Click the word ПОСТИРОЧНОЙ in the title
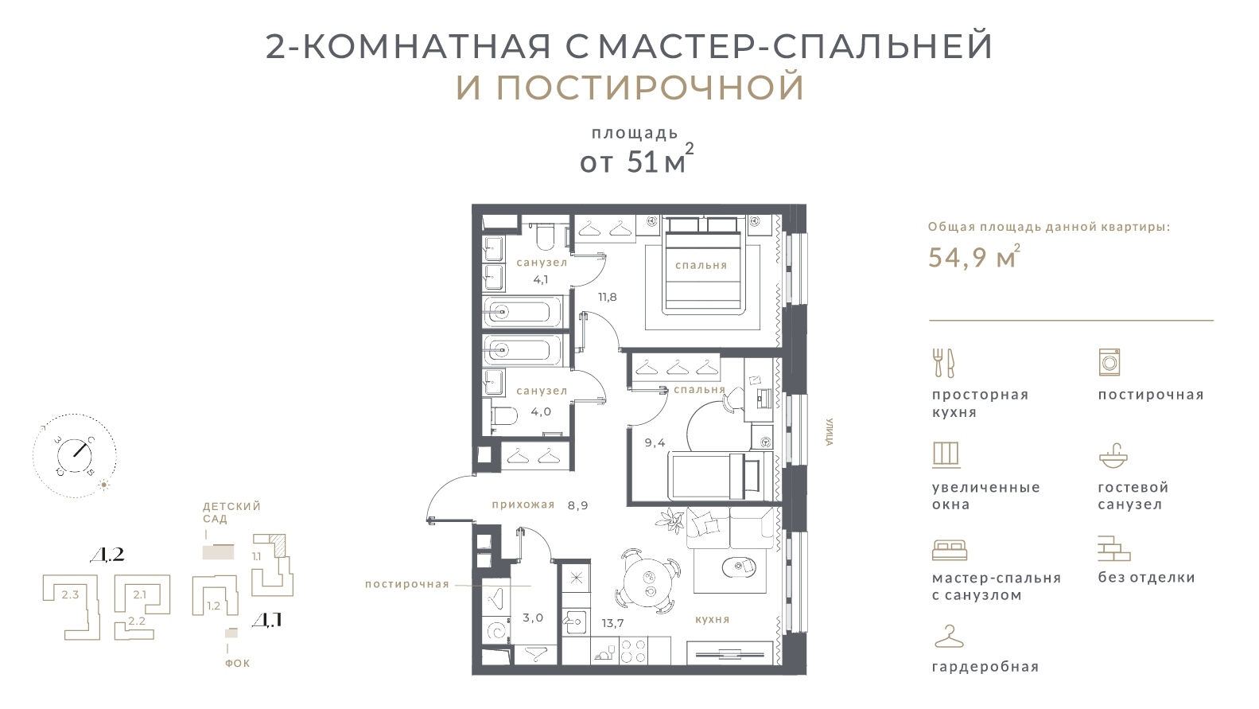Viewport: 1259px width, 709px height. click(650, 88)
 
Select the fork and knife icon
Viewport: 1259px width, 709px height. click(943, 363)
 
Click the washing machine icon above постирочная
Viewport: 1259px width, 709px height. click(1109, 362)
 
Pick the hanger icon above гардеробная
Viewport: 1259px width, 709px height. click(948, 638)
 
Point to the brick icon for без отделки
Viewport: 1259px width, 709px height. click(1113, 548)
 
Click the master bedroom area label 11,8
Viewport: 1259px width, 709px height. click(608, 297)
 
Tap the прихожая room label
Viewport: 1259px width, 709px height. click(523, 504)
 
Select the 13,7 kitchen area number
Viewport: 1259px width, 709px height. click(612, 622)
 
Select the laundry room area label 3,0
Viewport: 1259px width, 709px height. click(533, 617)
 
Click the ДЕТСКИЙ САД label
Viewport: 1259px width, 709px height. click(231, 512)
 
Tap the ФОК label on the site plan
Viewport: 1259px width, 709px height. click(237, 663)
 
